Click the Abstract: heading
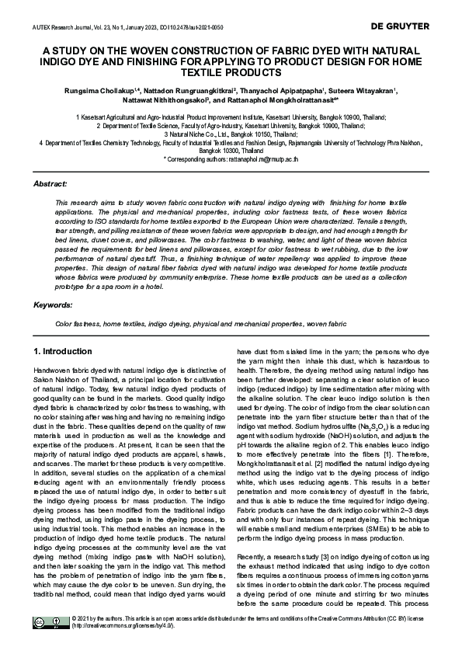tap(51, 183)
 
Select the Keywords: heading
tap(54, 305)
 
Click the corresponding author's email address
tap(254, 158)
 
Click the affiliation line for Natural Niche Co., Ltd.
tap(231, 134)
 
